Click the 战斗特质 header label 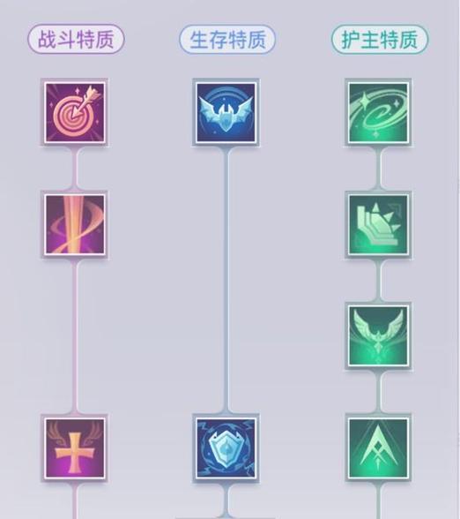point(76,39)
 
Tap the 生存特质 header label point(227,39)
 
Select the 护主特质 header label point(379,39)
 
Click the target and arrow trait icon point(75,113)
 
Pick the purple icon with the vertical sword point(75,224)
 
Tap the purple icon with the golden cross point(75,448)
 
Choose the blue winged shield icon point(226,113)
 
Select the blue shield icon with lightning point(226,448)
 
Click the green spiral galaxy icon point(378,113)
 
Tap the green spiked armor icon point(378,224)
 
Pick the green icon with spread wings point(378,336)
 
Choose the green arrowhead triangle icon point(378,448)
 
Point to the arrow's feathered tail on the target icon point(93,94)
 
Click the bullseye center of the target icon point(70,117)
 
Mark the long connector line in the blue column point(226,280)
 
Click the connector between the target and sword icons point(75,169)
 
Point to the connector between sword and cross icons point(75,336)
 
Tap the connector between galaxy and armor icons point(378,169)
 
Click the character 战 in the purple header point(46,39)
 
